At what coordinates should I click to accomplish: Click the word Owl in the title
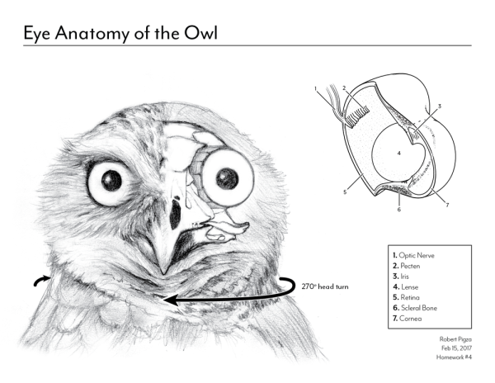click(200, 32)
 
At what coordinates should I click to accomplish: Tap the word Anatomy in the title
click(92, 34)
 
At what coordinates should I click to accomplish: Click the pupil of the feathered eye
click(111, 181)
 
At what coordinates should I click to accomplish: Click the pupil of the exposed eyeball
click(227, 177)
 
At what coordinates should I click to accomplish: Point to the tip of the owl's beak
click(164, 273)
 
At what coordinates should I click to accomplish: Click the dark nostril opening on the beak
click(175, 215)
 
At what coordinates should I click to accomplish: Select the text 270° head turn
click(325, 286)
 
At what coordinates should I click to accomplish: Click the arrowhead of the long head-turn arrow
click(173, 300)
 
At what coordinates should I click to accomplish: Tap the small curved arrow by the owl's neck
click(41, 281)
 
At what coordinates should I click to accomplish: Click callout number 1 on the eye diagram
click(315, 88)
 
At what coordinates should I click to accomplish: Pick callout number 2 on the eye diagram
click(344, 88)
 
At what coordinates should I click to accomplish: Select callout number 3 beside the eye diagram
click(439, 106)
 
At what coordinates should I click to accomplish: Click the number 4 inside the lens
click(399, 154)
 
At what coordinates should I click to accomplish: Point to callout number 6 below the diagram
click(399, 210)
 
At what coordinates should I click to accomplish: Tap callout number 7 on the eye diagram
click(447, 206)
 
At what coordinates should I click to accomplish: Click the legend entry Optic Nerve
click(413, 255)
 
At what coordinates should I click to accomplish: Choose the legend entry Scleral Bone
click(415, 308)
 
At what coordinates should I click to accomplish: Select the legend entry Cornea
click(407, 319)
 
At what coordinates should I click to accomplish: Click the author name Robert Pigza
click(455, 339)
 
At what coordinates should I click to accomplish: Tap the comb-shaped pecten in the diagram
click(357, 116)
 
